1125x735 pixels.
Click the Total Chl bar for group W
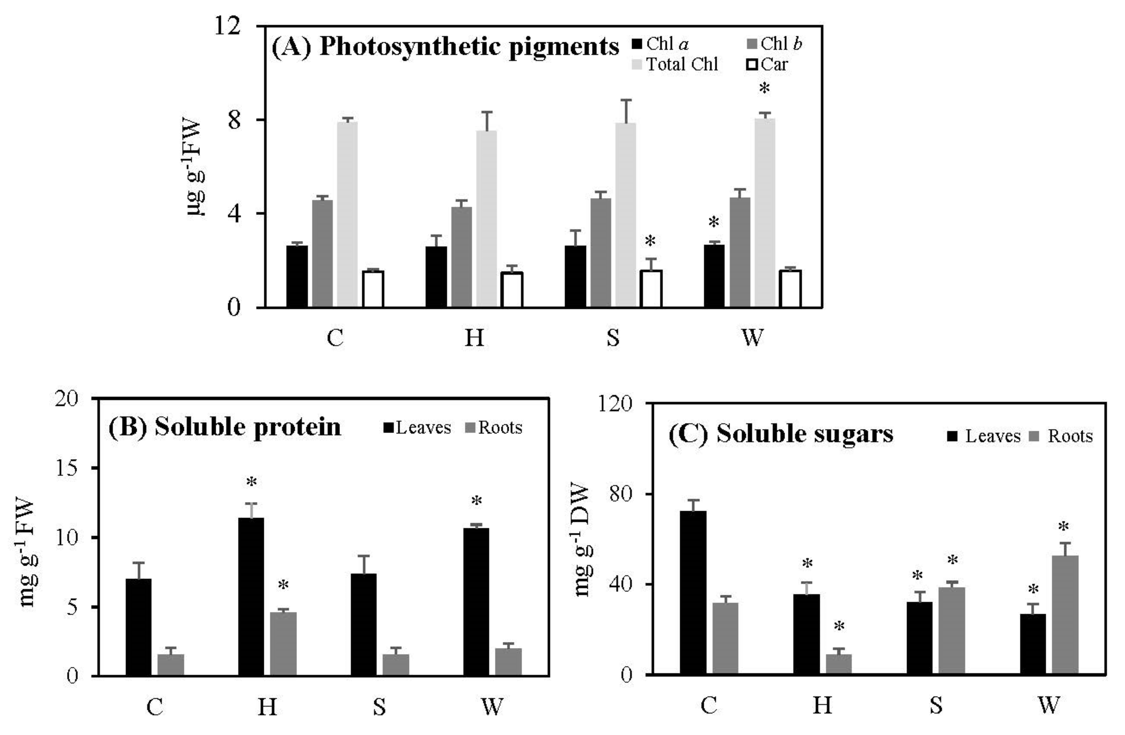[764, 213]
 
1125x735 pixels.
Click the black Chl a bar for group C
[297, 276]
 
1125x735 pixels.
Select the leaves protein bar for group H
[251, 596]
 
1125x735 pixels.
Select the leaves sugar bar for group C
[693, 593]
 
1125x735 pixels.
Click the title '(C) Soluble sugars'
[780, 434]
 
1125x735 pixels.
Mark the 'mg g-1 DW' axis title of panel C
[582, 540]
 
